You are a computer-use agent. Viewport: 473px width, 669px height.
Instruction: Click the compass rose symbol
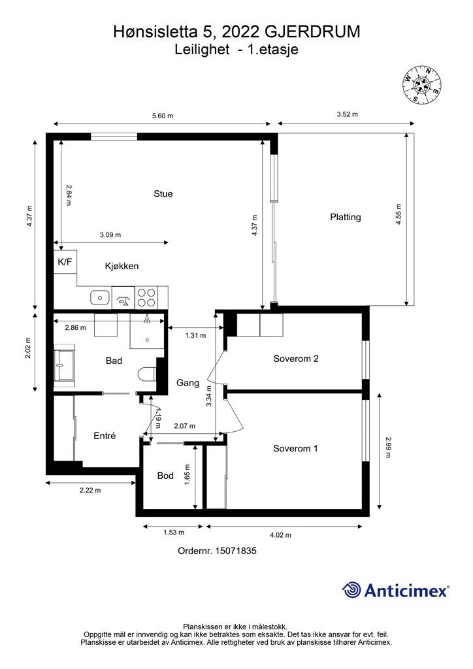(x=421, y=84)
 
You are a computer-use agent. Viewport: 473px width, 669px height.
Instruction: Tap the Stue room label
(x=163, y=193)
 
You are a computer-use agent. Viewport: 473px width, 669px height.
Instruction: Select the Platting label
(x=346, y=217)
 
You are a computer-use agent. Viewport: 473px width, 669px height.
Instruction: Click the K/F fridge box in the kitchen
(x=65, y=261)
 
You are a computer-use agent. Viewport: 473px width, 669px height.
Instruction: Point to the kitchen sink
(x=99, y=297)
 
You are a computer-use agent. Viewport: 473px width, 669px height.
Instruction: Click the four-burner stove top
(x=146, y=297)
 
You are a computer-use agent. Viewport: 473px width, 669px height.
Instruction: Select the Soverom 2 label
(x=296, y=359)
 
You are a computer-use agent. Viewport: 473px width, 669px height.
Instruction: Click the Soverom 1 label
(x=295, y=448)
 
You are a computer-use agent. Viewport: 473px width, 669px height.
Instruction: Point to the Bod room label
(x=165, y=476)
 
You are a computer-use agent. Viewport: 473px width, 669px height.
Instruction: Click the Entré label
(x=105, y=436)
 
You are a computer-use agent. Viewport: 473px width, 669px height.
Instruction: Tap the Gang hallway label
(x=188, y=383)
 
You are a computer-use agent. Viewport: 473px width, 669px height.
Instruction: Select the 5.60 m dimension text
(x=163, y=116)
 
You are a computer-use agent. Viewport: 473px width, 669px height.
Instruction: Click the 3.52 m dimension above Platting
(x=347, y=114)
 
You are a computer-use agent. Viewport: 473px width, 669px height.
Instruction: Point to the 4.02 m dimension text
(x=280, y=535)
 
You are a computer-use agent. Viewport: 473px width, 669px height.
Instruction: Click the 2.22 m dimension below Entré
(x=90, y=490)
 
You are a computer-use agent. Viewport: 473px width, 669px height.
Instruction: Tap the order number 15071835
(x=236, y=551)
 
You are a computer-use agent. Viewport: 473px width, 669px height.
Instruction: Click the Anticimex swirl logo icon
(x=351, y=590)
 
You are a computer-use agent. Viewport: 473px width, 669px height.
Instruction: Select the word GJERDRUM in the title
(x=313, y=32)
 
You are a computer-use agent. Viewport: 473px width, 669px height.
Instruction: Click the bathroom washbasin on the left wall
(x=65, y=365)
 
